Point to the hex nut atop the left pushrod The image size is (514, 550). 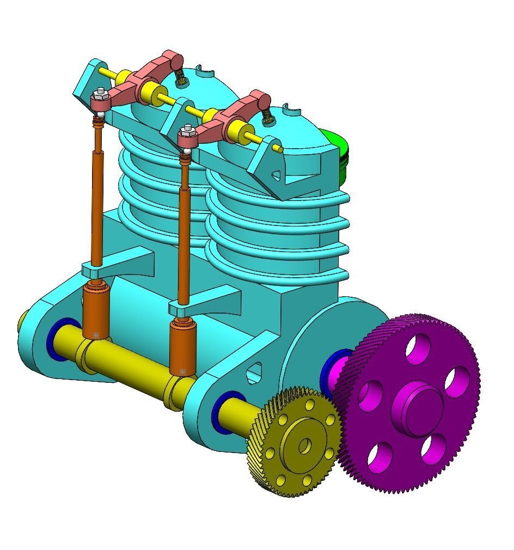(99, 95)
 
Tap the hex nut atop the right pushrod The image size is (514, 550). (187, 131)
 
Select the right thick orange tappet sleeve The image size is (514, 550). (183, 346)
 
